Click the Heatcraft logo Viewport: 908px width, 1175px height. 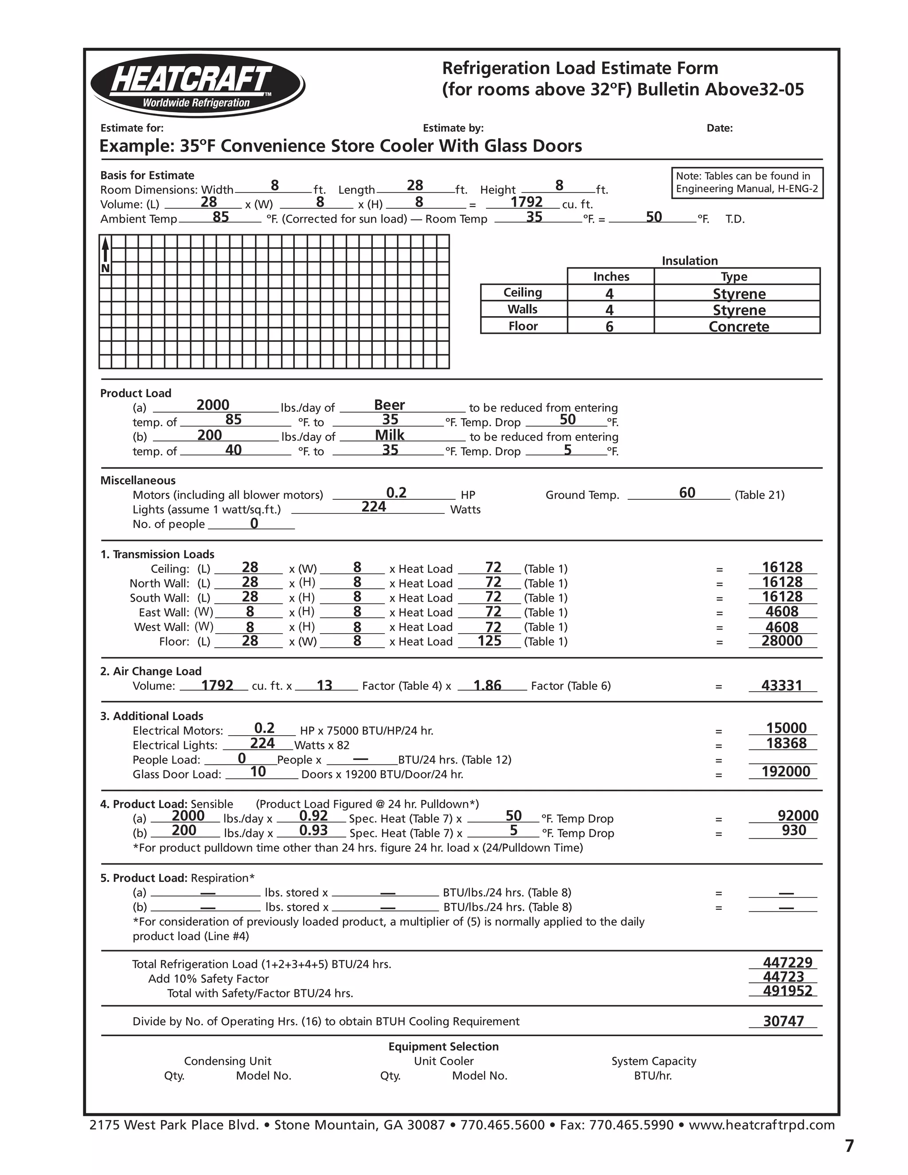coord(197,85)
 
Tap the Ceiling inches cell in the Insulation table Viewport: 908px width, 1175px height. coord(610,294)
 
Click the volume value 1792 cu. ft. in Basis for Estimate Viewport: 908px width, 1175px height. coord(526,202)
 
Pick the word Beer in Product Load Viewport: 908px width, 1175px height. coord(389,405)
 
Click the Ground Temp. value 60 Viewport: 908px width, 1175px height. coord(687,493)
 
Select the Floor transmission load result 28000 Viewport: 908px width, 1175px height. coord(782,641)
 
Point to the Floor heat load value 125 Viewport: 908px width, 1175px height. coord(489,641)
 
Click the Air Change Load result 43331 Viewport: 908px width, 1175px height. coord(782,685)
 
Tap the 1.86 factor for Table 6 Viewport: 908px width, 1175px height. coord(487,685)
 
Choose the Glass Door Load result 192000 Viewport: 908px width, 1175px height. coord(785,772)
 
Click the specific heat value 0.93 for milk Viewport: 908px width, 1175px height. coord(313,830)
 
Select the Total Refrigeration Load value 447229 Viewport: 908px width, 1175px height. coord(787,963)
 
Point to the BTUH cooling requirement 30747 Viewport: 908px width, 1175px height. coord(783,1021)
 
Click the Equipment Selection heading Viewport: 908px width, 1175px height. coord(443,1046)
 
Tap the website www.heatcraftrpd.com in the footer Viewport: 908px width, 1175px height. coord(761,1125)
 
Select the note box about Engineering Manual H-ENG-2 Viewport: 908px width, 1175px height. coord(747,183)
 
